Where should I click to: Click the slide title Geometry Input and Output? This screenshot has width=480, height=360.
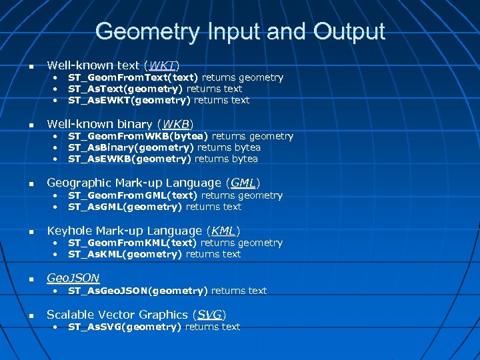[x=240, y=31]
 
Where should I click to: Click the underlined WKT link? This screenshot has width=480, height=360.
[x=163, y=65]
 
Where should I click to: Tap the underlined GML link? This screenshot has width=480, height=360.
[x=243, y=183]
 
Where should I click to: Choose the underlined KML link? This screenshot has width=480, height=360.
[x=223, y=231]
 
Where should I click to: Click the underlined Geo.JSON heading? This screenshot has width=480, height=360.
[x=73, y=278]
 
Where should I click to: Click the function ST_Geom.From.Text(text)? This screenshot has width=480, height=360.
[x=133, y=77]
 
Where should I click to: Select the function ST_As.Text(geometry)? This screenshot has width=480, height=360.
[x=126, y=89]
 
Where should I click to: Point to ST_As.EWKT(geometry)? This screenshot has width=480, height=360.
[x=129, y=100]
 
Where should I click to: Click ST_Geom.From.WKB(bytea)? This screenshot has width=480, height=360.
[x=139, y=136]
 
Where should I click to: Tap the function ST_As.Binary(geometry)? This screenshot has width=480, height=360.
[x=131, y=147]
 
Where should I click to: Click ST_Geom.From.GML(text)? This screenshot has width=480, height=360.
[x=133, y=195]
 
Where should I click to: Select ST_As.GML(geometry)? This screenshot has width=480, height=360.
[x=125, y=207]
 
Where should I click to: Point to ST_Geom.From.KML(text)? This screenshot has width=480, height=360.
[x=133, y=243]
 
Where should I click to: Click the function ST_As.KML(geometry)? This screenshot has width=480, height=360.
[x=125, y=254]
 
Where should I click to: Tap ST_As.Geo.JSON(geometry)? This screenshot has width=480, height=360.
[x=138, y=291]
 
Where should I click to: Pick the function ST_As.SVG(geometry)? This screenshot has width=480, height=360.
[x=125, y=327]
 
